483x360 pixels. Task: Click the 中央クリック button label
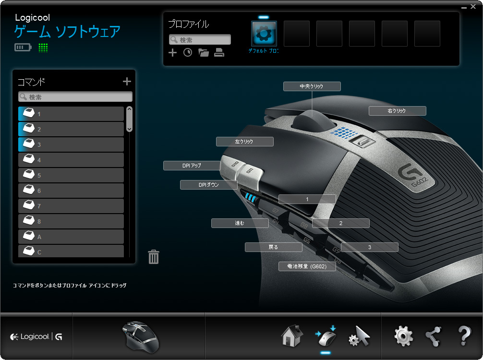coord(312,86)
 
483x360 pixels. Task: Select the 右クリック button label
coord(398,111)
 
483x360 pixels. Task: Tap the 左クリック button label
coord(244,142)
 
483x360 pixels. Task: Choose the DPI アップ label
coord(192,166)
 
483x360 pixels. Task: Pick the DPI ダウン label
coord(208,185)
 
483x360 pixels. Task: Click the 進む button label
coord(240,223)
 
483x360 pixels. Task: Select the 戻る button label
coord(274,247)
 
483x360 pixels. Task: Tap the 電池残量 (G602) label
coord(307,266)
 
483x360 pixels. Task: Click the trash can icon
coord(154,257)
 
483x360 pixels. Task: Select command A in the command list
coord(71,237)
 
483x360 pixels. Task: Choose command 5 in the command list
coord(71,175)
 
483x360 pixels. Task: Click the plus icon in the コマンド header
coord(127,81)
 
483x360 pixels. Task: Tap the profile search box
coord(200,40)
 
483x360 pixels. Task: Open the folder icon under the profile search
coord(203,53)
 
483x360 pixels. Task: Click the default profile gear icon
coord(264,34)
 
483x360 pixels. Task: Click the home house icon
coord(292,336)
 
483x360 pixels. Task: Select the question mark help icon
coord(464,336)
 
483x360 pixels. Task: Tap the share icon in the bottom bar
coord(433,336)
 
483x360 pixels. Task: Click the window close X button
coord(473,6)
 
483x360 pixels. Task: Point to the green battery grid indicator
coord(43,48)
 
